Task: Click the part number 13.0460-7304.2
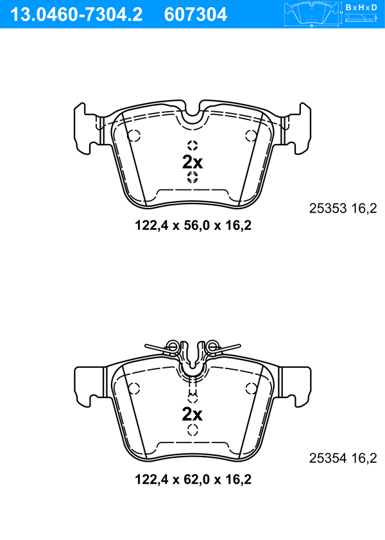(76, 15)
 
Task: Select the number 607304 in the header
(196, 15)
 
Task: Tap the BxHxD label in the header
(361, 8)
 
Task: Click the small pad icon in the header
(312, 15)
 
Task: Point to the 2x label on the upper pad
(193, 162)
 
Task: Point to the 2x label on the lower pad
(193, 414)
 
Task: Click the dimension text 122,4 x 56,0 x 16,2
(193, 225)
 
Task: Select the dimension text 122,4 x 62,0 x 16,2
(193, 479)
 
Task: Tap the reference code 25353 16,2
(343, 208)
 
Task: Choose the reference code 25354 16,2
(343, 458)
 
